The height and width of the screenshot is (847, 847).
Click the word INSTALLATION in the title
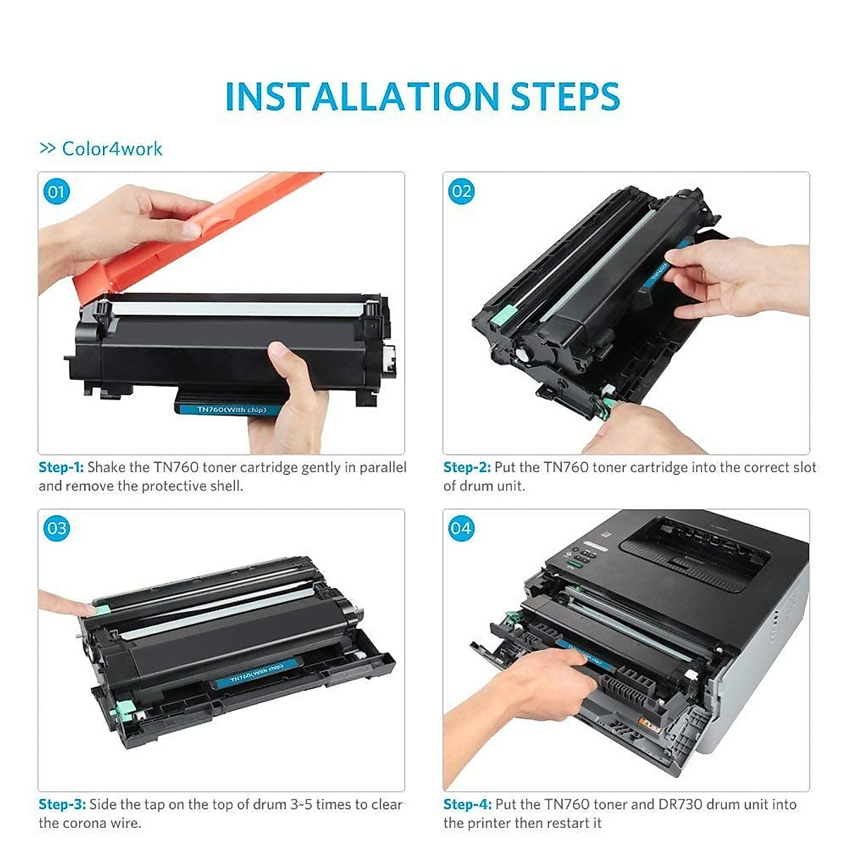pos(362,96)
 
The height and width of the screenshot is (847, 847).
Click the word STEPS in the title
pos(565,96)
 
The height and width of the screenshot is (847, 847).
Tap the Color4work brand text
pos(112,149)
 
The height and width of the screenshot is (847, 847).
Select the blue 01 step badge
pos(56,192)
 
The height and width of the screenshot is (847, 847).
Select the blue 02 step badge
pos(461,192)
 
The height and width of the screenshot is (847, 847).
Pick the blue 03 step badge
pos(56,528)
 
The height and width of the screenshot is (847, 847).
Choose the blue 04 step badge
pos(461,527)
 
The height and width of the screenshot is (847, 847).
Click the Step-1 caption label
pos(61,467)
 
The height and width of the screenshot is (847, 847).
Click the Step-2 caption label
pos(467,467)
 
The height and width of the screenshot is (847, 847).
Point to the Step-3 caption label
pos(62,805)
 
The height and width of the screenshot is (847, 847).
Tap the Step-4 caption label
pos(467,805)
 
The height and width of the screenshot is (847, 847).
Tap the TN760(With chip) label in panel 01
pos(232,409)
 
